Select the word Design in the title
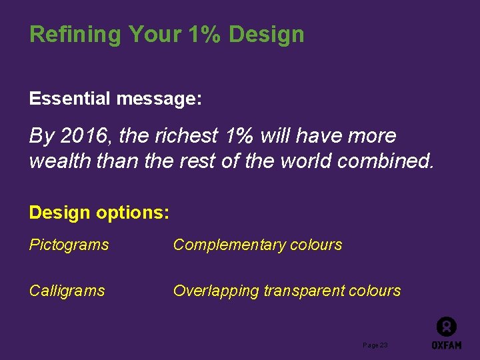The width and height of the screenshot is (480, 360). click(266, 35)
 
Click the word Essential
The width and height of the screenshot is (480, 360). click(69, 99)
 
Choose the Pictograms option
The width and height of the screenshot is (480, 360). click(69, 245)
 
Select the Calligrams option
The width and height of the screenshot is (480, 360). click(67, 291)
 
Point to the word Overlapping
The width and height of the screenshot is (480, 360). click(216, 291)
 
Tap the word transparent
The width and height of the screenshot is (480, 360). click(304, 291)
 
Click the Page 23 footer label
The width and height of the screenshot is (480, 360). click(375, 345)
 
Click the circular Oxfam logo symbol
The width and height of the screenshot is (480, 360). click(446, 327)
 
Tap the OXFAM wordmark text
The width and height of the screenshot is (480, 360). click(446, 345)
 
